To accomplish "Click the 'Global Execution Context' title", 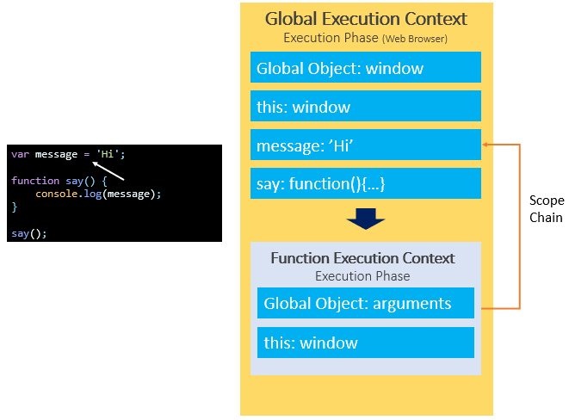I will coord(366,19).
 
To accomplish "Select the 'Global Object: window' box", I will coord(366,68).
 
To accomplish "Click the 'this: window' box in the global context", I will coord(366,107).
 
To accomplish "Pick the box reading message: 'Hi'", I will coord(366,145).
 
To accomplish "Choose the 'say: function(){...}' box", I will coord(366,183).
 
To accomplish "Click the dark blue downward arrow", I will coord(365,220).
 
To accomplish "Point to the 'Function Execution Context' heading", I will coord(362,258).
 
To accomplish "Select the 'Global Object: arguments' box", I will coord(365,303).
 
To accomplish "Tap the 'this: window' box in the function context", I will coord(365,343).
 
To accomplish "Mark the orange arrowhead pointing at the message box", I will coord(486,145).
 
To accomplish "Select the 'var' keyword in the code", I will coord(20,154).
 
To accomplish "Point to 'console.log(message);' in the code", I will coord(98,194).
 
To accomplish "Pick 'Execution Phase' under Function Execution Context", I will coord(362,276).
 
